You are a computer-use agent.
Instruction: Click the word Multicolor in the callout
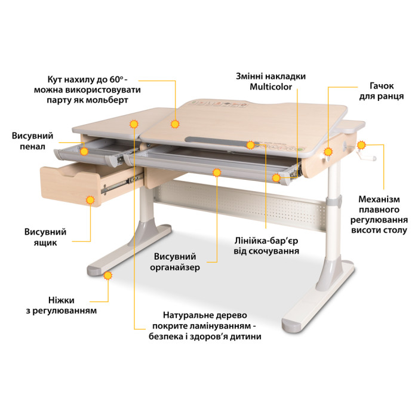271,87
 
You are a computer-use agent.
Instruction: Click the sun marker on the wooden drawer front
90,199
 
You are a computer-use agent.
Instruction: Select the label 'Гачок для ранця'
381,91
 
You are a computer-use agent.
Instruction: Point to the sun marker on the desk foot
108,275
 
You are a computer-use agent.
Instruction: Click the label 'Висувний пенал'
32,141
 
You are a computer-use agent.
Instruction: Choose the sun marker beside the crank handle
361,145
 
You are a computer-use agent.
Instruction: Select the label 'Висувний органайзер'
174,262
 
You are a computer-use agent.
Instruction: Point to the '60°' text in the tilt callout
116,79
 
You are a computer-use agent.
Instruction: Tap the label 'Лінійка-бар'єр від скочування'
266,246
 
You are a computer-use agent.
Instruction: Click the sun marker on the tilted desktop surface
175,124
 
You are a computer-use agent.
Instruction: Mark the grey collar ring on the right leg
334,201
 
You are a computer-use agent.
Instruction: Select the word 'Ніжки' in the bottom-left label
62,300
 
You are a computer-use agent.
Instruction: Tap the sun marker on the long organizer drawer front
217,173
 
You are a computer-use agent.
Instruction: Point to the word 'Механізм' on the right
379,199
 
